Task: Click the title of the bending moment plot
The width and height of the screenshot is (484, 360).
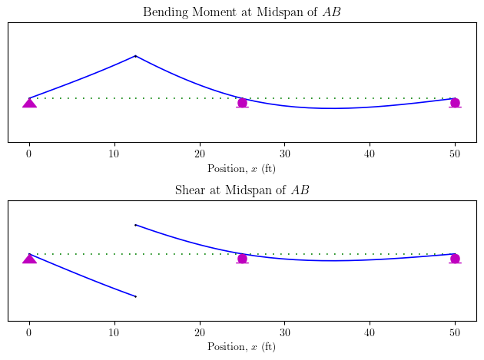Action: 242,12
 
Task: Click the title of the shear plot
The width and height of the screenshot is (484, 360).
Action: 242,190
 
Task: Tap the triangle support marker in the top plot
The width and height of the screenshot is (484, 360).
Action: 29,102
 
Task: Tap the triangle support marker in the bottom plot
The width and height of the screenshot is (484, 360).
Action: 29,258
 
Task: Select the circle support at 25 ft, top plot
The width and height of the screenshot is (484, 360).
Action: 242,103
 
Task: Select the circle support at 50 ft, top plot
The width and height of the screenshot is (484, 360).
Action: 455,103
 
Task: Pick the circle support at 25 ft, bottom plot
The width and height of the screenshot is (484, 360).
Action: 242,259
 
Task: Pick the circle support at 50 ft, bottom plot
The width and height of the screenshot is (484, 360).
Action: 455,259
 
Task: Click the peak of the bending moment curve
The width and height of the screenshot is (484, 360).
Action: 135,56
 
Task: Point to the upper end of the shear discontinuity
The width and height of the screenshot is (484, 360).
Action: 135,225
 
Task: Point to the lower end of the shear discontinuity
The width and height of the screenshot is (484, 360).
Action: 135,296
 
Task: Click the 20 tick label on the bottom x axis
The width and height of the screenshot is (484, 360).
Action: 200,332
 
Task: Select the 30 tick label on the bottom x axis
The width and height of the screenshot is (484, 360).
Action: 284,332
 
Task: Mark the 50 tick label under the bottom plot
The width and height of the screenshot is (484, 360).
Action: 455,332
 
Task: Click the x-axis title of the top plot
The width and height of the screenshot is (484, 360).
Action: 242,168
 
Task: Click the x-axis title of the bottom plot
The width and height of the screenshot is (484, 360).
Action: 242,347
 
